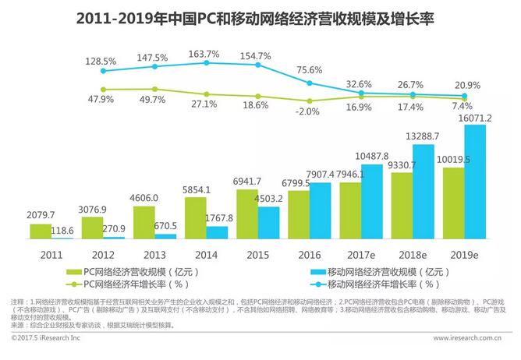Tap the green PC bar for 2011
coord(41,231)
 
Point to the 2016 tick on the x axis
coord(310,253)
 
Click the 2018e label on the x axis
coord(413,253)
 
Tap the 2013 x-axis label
coord(155,253)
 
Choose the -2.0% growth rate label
coord(308,111)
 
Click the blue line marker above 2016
coord(310,83)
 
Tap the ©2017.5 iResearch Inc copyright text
coord(51,338)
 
